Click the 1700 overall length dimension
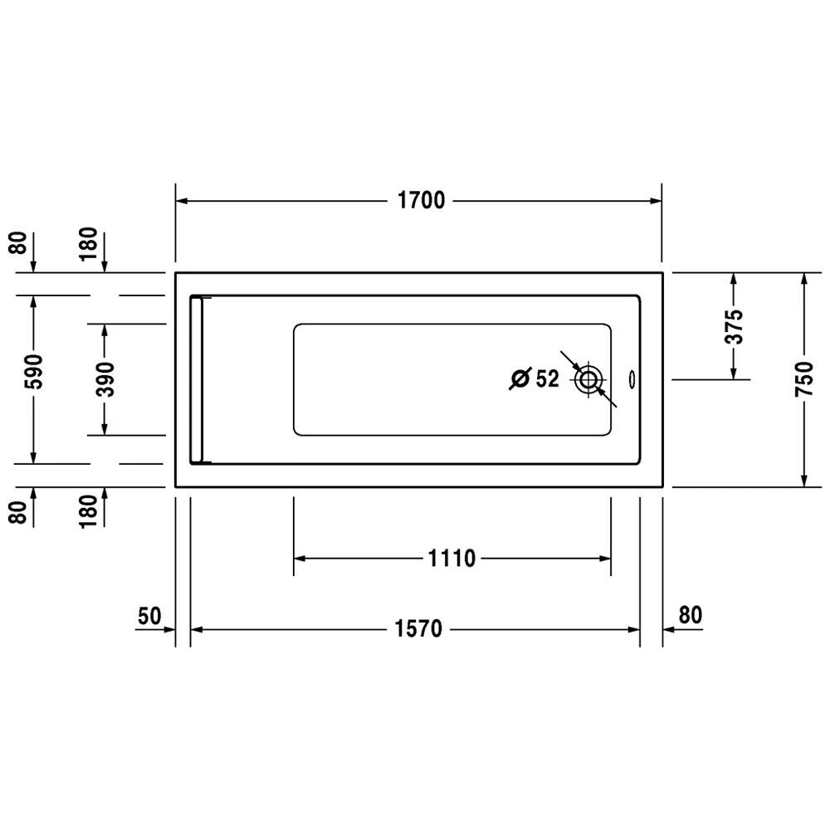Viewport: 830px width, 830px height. [422, 201]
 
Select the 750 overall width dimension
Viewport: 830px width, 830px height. [803, 379]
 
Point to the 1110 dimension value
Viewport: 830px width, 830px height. [453, 559]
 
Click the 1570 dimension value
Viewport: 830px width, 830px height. [422, 630]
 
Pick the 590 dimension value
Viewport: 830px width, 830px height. [34, 379]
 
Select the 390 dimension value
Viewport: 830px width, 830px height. [105, 378]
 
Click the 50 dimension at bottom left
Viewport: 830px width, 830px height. [149, 617]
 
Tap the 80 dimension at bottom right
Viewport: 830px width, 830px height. [691, 616]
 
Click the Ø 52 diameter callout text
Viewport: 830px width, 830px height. [535, 379]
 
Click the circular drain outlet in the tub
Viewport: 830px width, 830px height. [588, 380]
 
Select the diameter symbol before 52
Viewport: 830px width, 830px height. [520, 379]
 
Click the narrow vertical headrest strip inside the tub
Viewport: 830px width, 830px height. [197, 378]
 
